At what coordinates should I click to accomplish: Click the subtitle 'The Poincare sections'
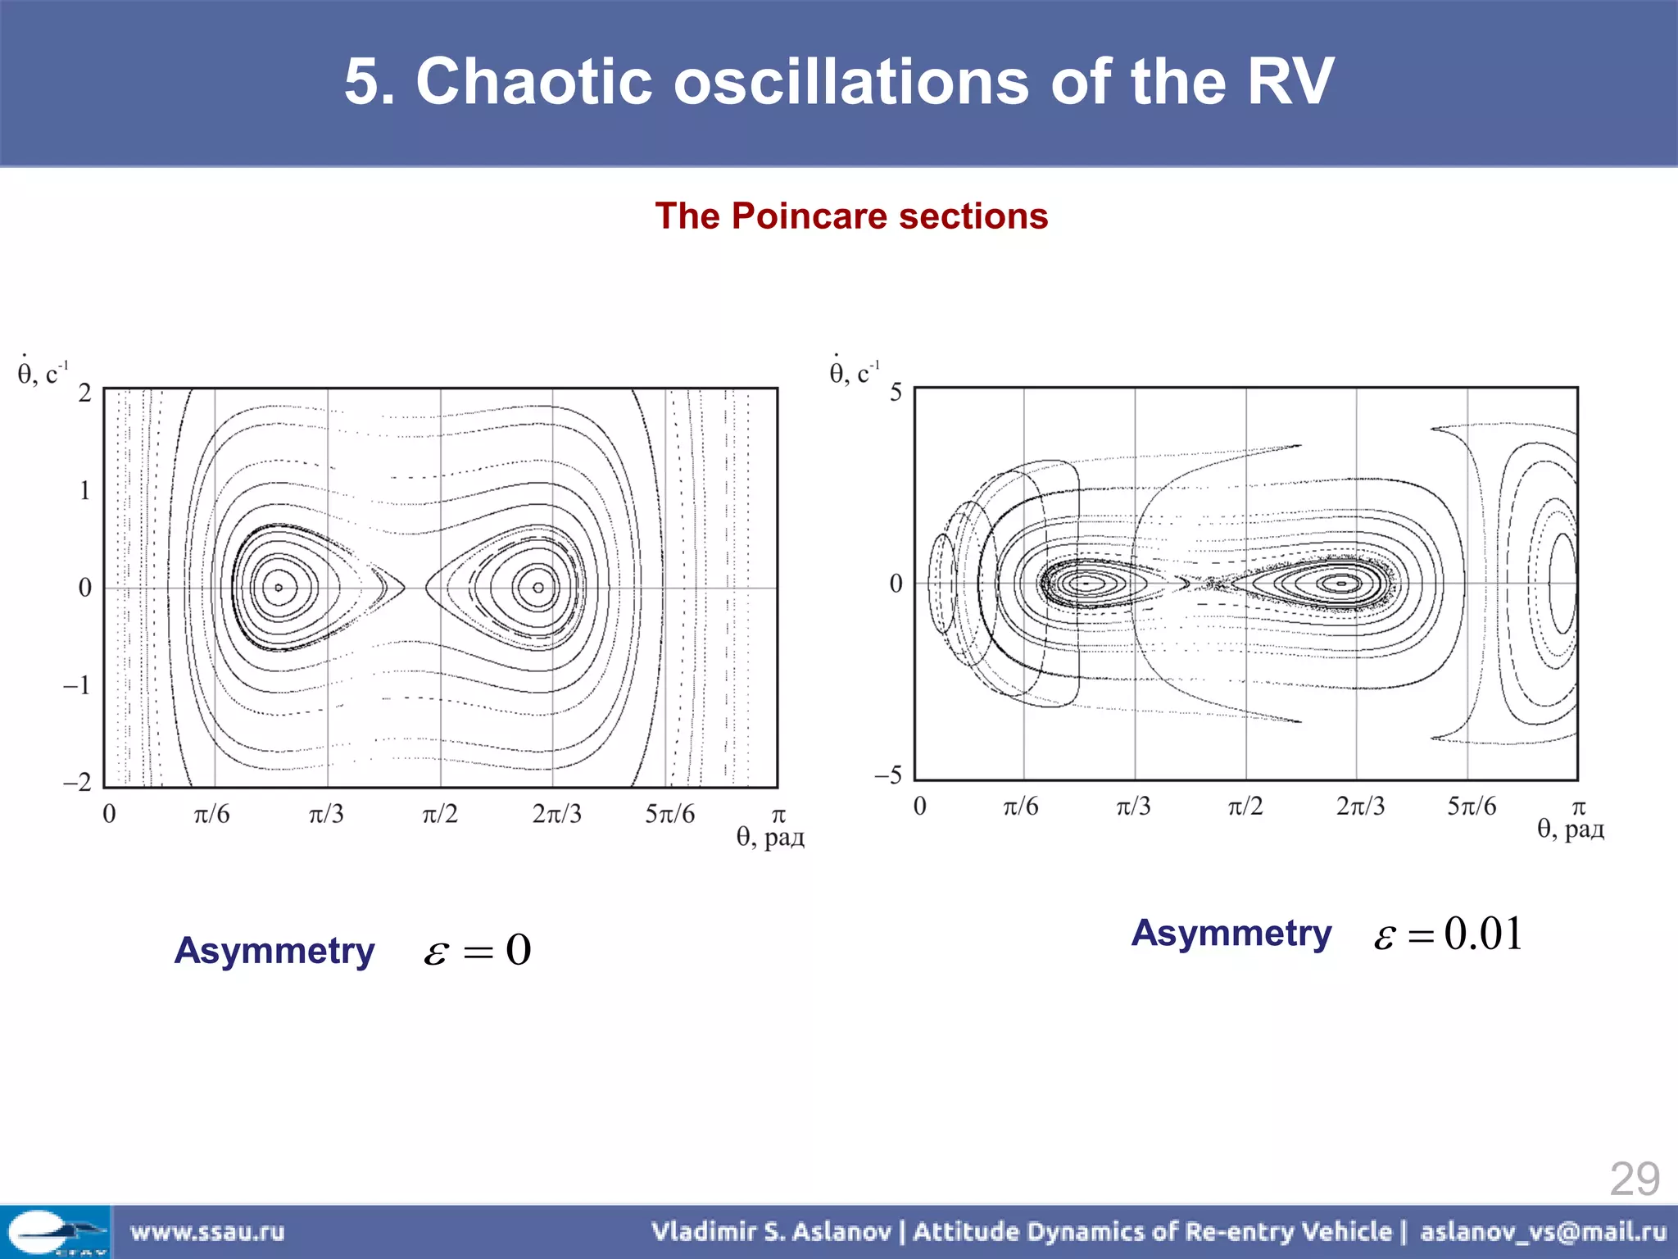[851, 216]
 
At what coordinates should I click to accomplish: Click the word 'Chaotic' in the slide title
[533, 82]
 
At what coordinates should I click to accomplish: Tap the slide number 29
[1634, 1179]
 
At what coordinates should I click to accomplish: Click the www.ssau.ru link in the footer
[207, 1231]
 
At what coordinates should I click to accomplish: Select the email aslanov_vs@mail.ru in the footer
[1543, 1231]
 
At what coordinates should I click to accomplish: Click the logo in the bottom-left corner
[56, 1232]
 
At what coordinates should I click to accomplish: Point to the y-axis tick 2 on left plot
[84, 393]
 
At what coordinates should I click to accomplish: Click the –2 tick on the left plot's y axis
[78, 782]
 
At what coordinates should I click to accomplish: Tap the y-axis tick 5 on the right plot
[896, 393]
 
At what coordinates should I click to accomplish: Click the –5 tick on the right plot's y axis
[888, 775]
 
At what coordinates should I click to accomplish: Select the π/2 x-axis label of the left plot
[440, 814]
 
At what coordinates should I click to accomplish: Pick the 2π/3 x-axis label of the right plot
[1360, 807]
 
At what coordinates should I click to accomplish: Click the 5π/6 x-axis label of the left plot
[669, 814]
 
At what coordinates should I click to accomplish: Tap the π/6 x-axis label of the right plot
[1021, 807]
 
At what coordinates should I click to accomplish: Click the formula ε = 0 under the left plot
[478, 951]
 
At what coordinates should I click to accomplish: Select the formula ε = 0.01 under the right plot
[1448, 934]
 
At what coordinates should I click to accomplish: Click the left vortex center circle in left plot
[279, 588]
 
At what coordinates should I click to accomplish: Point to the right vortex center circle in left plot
[538, 588]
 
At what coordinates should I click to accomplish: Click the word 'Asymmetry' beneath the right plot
[1231, 934]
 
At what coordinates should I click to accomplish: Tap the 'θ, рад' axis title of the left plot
[770, 837]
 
